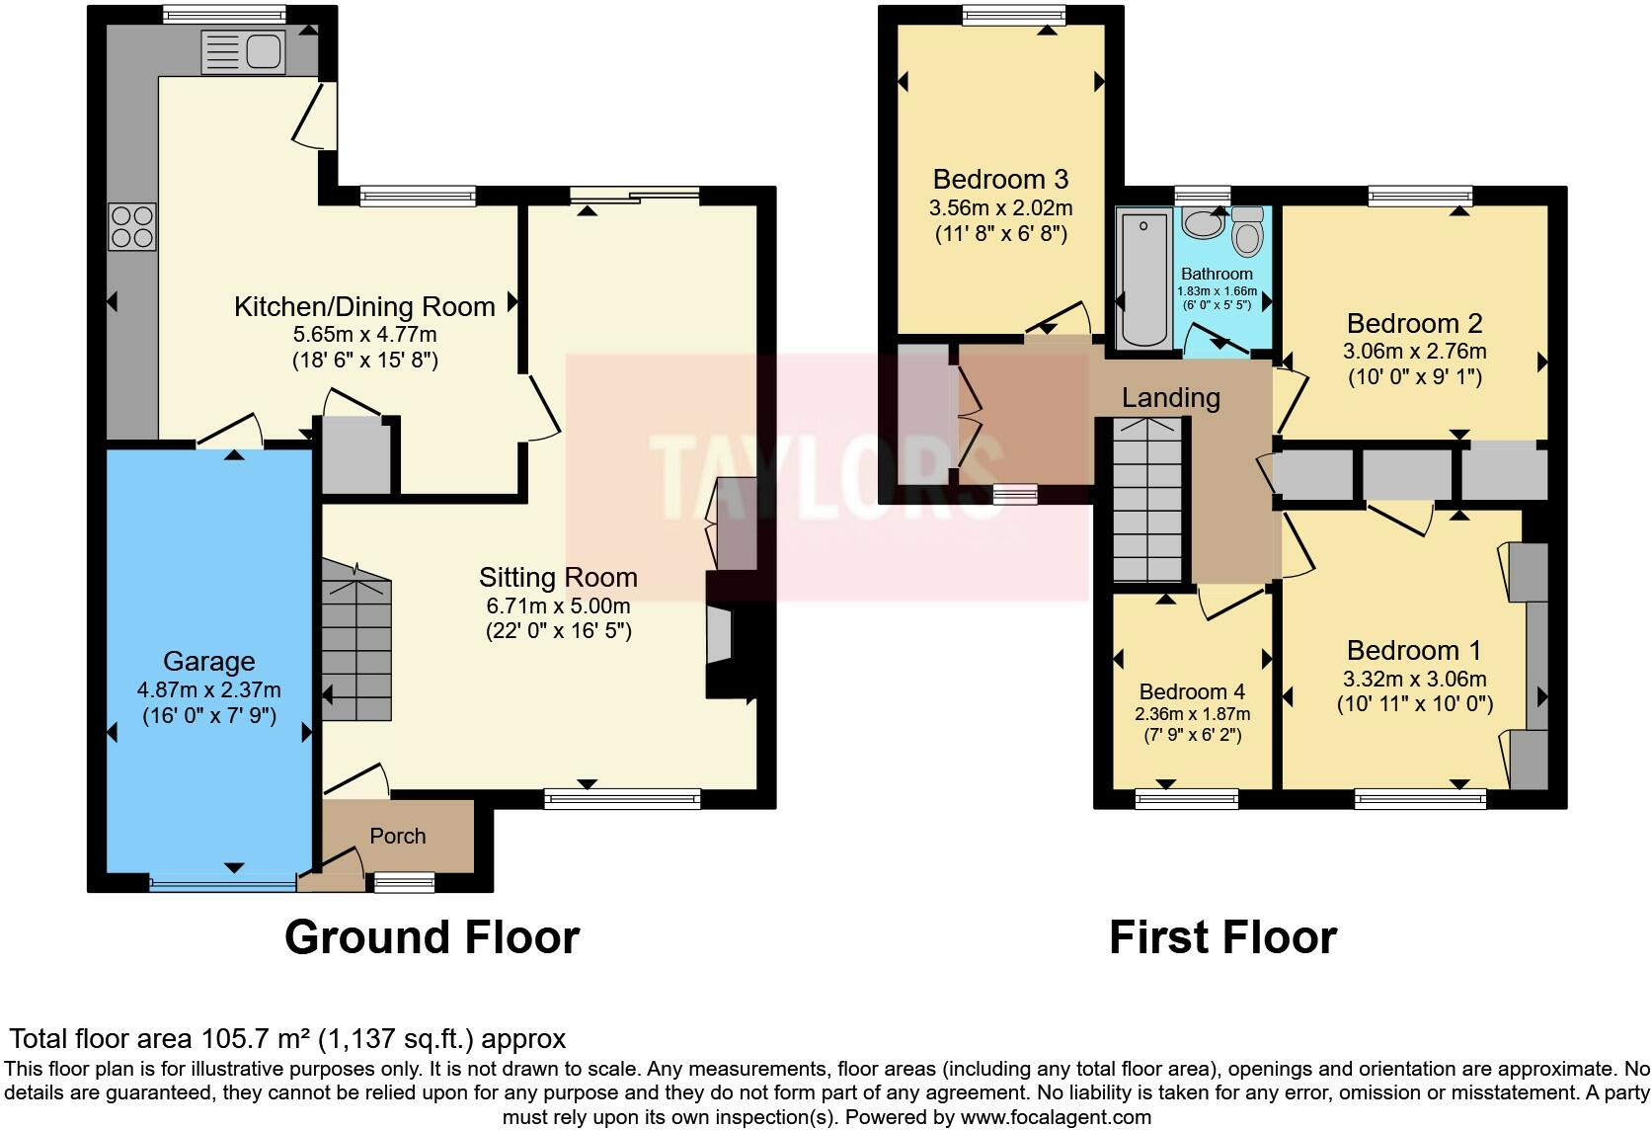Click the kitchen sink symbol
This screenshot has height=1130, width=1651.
point(242,51)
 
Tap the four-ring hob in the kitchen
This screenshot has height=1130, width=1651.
point(132,226)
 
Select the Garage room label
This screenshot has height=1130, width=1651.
point(208,661)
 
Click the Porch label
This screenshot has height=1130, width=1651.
point(397,836)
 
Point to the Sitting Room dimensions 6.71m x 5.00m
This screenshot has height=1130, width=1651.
point(558,605)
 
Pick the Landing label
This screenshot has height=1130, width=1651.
point(1170,397)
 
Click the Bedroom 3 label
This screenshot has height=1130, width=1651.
point(999,179)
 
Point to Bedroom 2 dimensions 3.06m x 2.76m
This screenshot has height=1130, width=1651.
point(1414,351)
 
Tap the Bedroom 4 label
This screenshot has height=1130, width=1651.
point(1191,691)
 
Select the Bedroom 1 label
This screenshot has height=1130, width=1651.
point(1413,650)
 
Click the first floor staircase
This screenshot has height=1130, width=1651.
point(1147,499)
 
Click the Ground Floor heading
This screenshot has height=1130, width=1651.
point(432,936)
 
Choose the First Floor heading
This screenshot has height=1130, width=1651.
point(1222,936)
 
